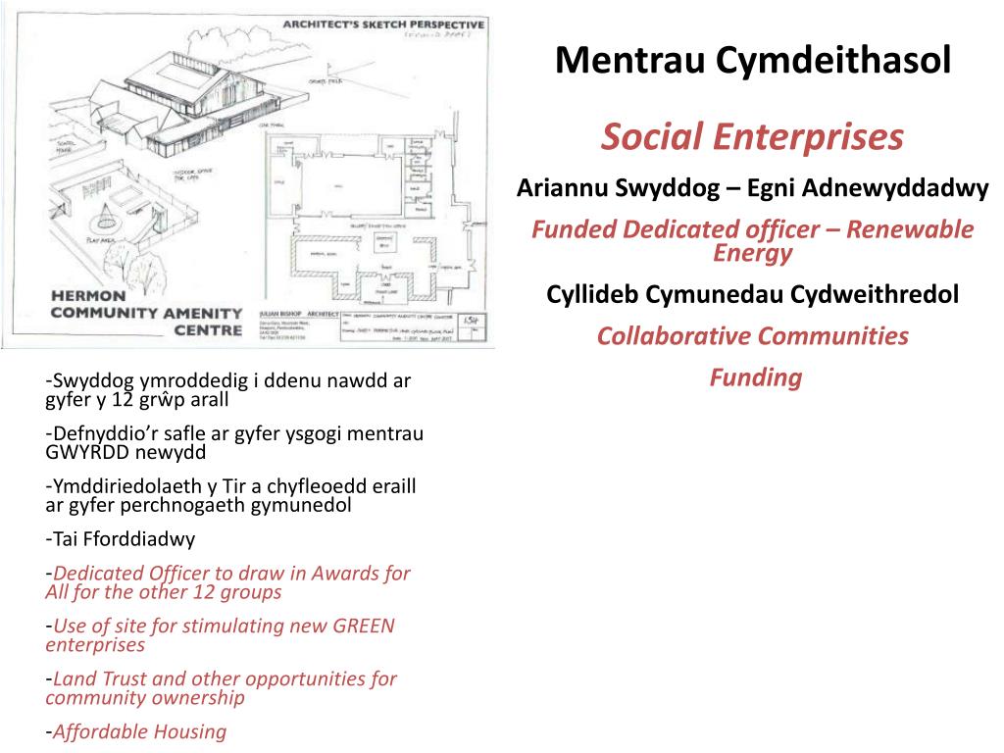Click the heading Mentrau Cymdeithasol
click(752, 61)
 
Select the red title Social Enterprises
click(752, 138)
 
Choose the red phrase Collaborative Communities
click(752, 336)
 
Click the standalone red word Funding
click(755, 377)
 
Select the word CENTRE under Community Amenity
click(208, 330)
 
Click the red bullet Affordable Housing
click(139, 731)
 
